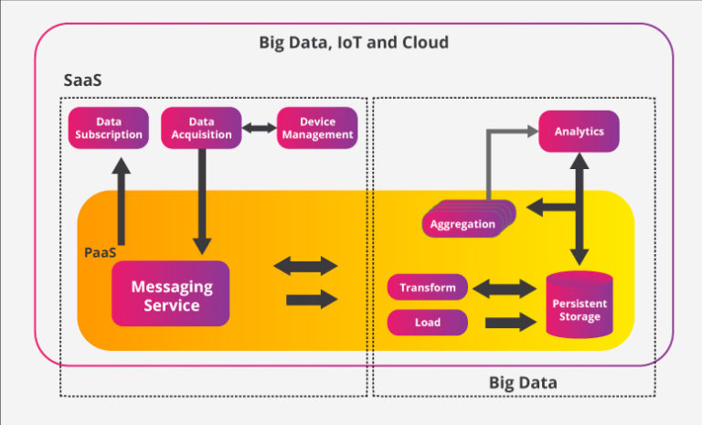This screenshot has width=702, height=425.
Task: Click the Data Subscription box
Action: click(108, 128)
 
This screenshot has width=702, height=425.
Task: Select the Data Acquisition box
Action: click(201, 128)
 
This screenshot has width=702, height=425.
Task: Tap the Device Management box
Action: click(316, 128)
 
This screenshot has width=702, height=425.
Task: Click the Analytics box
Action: click(579, 131)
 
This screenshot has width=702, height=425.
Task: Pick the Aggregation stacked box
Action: click(463, 224)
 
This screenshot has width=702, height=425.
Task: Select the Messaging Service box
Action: click(171, 294)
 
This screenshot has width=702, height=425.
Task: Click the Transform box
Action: click(428, 288)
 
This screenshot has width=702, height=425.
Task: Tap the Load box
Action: click(428, 322)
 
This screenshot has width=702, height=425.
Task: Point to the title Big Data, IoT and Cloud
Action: click(354, 43)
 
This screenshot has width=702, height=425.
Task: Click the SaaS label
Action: click(82, 80)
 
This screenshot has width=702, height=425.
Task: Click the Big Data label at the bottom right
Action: click(522, 381)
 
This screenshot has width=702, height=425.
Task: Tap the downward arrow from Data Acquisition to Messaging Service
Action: click(200, 201)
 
